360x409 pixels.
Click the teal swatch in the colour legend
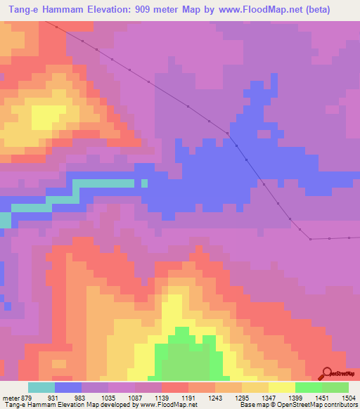pos(41,387)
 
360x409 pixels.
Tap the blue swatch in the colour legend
pos(67,387)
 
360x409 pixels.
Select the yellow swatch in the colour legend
pos(281,387)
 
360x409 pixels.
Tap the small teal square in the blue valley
pos(144,183)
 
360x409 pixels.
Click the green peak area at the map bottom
pos(186,358)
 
